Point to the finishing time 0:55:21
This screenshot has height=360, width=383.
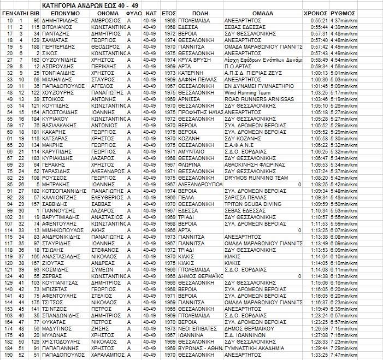[x=317, y=21]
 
